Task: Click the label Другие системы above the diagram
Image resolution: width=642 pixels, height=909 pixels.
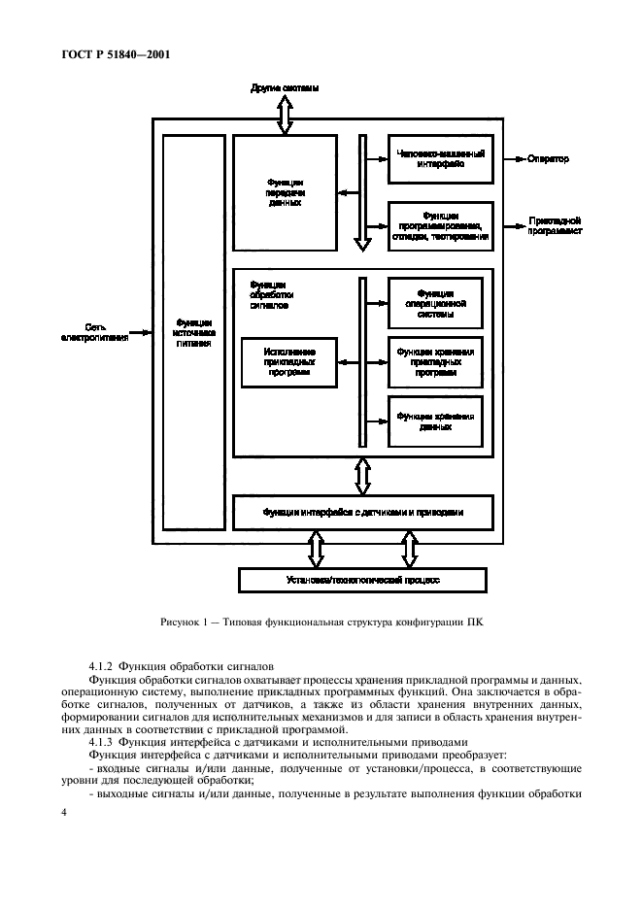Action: [285, 88]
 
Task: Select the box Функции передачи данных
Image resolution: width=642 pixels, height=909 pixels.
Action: [285, 192]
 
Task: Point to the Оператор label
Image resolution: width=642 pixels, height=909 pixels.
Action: [549, 158]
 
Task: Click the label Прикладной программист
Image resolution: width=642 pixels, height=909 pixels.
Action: [555, 226]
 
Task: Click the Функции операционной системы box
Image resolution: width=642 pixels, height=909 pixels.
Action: [435, 303]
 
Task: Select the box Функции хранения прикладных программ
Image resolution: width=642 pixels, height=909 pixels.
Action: [435, 361]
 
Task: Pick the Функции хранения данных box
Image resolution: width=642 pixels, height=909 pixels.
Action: [435, 420]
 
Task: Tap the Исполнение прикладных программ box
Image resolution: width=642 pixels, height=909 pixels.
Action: [288, 361]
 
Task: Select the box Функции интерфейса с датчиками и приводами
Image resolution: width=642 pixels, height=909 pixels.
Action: [362, 511]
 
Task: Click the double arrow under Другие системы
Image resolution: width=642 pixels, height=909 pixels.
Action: [285, 114]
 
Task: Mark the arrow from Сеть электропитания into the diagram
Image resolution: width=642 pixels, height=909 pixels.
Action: [141, 331]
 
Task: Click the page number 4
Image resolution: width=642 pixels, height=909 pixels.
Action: [64, 811]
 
